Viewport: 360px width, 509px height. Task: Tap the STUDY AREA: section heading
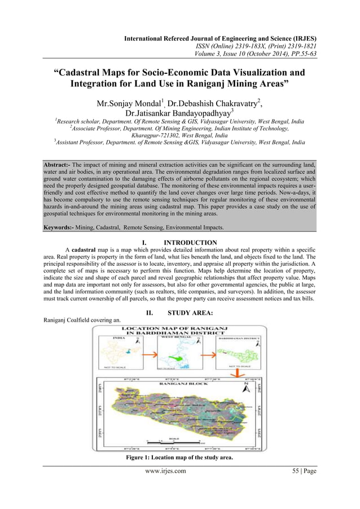(190, 313)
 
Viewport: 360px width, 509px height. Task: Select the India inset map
(120, 354)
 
